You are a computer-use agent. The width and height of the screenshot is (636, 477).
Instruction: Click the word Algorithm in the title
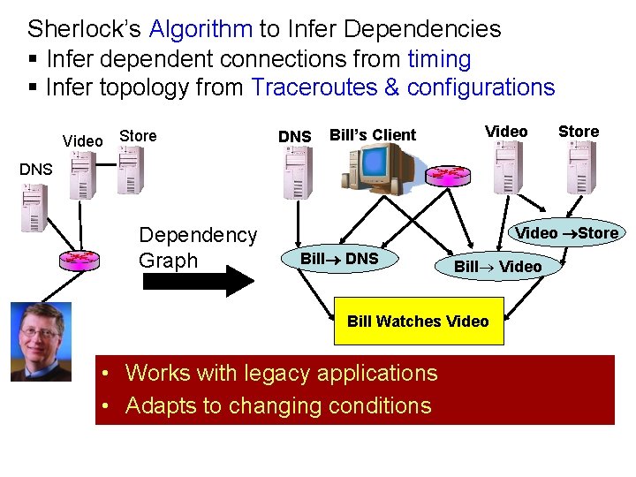coord(201,28)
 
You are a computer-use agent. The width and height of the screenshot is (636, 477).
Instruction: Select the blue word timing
coord(439,59)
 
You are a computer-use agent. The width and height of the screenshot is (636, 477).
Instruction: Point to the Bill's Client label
coord(372,135)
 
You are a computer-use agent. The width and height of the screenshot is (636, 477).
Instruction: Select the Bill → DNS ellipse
coord(339,258)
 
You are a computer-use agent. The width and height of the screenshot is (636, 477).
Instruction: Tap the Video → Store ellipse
coord(566,233)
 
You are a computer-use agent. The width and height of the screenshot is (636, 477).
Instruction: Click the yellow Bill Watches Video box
coord(418,321)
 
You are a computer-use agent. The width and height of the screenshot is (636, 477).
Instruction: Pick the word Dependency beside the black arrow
coord(198,235)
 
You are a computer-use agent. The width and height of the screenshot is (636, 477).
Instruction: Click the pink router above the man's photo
coord(79,261)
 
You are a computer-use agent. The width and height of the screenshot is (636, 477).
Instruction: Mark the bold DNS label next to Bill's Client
coord(294,136)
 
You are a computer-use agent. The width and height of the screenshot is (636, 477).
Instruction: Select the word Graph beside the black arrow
coord(169,260)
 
